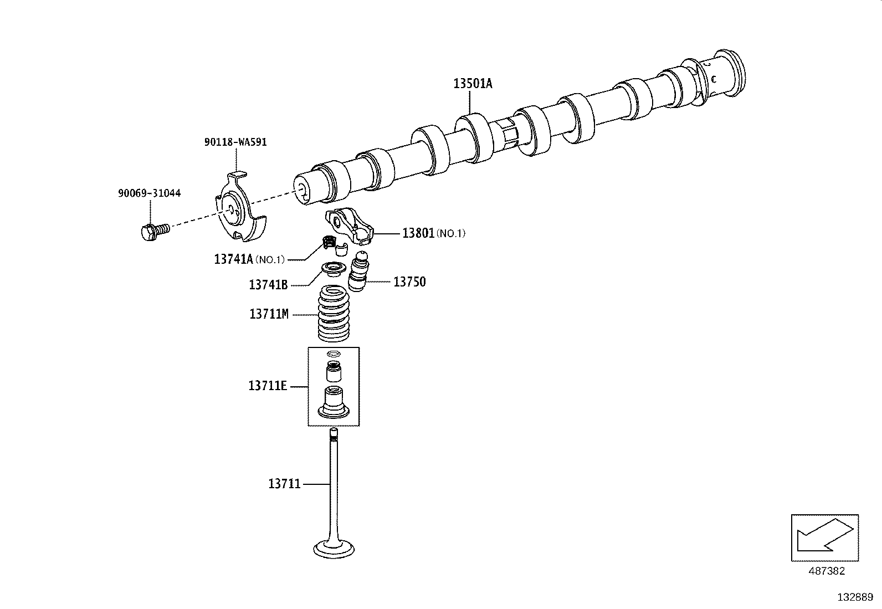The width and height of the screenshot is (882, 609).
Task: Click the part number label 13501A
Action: point(473,84)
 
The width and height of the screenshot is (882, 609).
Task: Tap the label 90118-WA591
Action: point(235,142)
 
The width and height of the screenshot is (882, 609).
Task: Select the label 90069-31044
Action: point(149,193)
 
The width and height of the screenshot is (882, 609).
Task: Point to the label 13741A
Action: point(233,259)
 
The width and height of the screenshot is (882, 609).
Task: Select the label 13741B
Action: point(268,285)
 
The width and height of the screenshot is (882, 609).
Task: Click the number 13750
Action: point(409,282)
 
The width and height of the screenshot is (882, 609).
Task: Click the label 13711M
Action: point(269,314)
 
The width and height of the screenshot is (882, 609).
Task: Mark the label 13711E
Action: point(268,386)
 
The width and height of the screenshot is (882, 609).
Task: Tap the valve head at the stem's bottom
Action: point(334,549)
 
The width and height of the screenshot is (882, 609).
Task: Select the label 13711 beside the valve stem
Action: point(284,484)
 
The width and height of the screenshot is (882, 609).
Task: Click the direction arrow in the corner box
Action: point(824,535)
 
